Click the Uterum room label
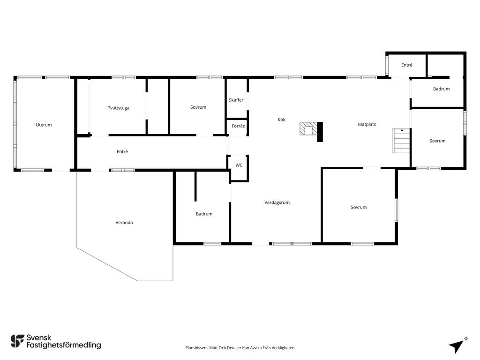[x=44, y=125]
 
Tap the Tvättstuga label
[x=119, y=108]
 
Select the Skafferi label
[x=237, y=100]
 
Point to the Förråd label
[x=239, y=126]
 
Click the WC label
[x=239, y=165]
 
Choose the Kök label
[x=281, y=120]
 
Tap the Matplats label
[x=367, y=124]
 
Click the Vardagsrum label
[x=277, y=202]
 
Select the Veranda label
[x=124, y=223]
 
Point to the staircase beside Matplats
[x=401, y=141]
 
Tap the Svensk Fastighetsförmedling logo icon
[x=17, y=341]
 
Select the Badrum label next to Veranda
[x=204, y=214]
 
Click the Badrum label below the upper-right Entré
[x=442, y=89]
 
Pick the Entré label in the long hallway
[x=122, y=151]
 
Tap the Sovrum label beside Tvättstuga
[x=198, y=107]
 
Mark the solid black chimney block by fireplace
[x=320, y=132]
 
